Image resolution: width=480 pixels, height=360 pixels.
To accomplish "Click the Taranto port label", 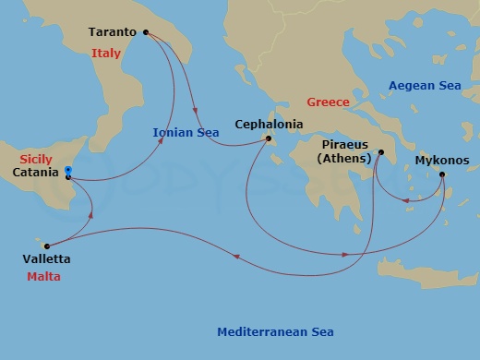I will tap(113, 32).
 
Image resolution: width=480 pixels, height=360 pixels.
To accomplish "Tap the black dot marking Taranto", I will tap(146, 32).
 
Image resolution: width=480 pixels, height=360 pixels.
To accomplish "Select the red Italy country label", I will tap(107, 54).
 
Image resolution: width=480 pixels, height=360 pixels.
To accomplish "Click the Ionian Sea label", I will tap(186, 133).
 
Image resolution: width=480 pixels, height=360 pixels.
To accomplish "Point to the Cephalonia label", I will tap(269, 123).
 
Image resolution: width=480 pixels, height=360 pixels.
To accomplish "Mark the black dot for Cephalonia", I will tap(269, 139).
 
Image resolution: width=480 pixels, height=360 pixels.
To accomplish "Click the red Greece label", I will tap(328, 102).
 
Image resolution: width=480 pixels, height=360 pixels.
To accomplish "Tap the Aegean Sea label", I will tap(424, 86).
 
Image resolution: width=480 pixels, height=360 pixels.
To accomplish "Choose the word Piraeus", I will tap(344, 145).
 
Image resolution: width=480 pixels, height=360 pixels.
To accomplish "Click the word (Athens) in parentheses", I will tap(344, 159).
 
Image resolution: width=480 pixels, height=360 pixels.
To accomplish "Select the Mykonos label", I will tap(442, 160).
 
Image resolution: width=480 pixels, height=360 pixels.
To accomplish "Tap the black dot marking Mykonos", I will tap(443, 174).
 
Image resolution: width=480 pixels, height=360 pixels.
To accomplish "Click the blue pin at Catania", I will tap(68, 171).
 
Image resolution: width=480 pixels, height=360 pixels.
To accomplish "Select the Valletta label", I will tap(46, 259).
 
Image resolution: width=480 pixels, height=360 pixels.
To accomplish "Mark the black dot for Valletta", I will tap(46, 246).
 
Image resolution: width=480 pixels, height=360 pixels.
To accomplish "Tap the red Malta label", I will tap(44, 276).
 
